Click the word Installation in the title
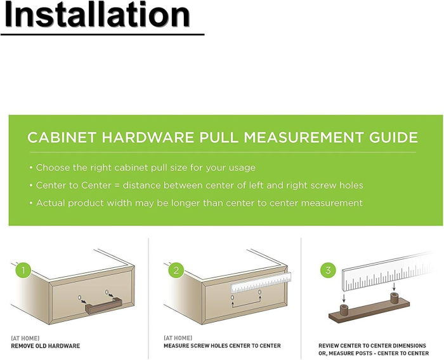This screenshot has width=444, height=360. (97, 15)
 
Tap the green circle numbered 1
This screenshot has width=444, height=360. (23, 270)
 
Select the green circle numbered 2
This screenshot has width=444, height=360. (176, 270)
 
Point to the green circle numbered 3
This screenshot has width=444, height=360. (328, 270)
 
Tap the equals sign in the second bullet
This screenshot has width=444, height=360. (117, 185)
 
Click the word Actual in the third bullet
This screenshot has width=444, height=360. (50, 203)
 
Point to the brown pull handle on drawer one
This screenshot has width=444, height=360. (103, 305)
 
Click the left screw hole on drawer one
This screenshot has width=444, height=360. (79, 297)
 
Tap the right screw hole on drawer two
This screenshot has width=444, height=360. (259, 292)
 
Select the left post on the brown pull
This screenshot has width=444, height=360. (344, 309)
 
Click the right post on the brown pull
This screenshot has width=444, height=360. (394, 298)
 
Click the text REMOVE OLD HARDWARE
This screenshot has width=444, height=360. (45, 346)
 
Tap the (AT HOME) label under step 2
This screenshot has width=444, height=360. (178, 338)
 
